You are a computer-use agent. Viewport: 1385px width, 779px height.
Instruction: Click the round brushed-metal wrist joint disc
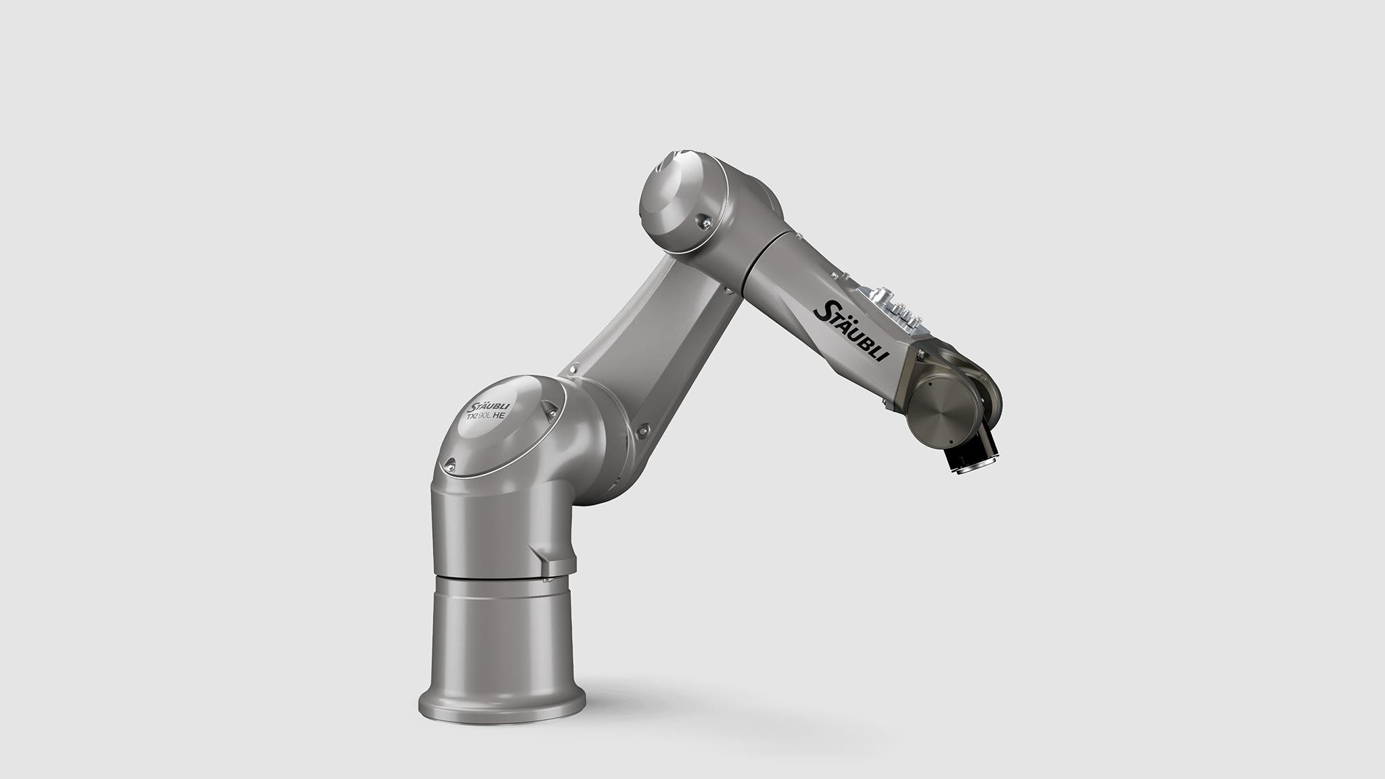coord(944,412)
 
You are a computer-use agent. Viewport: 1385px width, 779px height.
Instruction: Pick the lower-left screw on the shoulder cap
coord(448,465)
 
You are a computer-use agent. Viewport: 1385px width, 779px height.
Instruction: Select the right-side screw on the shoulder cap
coord(550,408)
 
